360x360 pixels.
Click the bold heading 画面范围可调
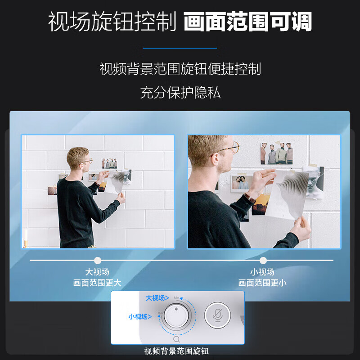point(248,21)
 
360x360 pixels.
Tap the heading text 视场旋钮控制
point(112,21)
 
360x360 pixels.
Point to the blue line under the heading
point(180,48)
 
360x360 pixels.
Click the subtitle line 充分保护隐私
point(180,93)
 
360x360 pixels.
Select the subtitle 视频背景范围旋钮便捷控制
point(180,69)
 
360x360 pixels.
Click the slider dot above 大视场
point(98,261)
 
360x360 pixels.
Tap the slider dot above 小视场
point(263,261)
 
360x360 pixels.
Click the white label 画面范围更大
point(97,283)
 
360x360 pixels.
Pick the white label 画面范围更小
point(262,283)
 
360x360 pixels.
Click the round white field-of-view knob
point(176,316)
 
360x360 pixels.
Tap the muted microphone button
point(218,315)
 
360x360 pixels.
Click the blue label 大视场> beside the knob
point(157,298)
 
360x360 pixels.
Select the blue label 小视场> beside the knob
point(140,317)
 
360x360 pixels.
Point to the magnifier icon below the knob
point(176,339)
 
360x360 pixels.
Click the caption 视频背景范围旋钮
point(176,351)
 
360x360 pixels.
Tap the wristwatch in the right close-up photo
point(250,198)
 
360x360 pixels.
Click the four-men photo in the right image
point(276,153)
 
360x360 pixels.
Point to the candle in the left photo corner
point(26,238)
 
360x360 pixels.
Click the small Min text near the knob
point(176,297)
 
